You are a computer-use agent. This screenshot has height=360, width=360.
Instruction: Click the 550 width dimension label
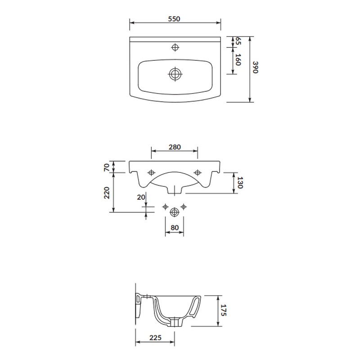coord(174,19)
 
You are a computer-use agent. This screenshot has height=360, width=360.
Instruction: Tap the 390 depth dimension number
coord(255,67)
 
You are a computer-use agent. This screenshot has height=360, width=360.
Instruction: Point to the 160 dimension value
coord(238,60)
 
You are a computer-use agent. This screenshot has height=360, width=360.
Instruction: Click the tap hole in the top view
coord(175,47)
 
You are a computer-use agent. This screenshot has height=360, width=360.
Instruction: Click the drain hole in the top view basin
coord(175,74)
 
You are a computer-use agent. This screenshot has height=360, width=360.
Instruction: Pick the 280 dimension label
coord(175,147)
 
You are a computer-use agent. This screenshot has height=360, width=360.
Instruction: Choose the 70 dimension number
coord(107,167)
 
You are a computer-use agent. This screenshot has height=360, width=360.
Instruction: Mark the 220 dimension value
coord(107,193)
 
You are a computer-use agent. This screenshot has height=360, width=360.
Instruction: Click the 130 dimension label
coord(240,183)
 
